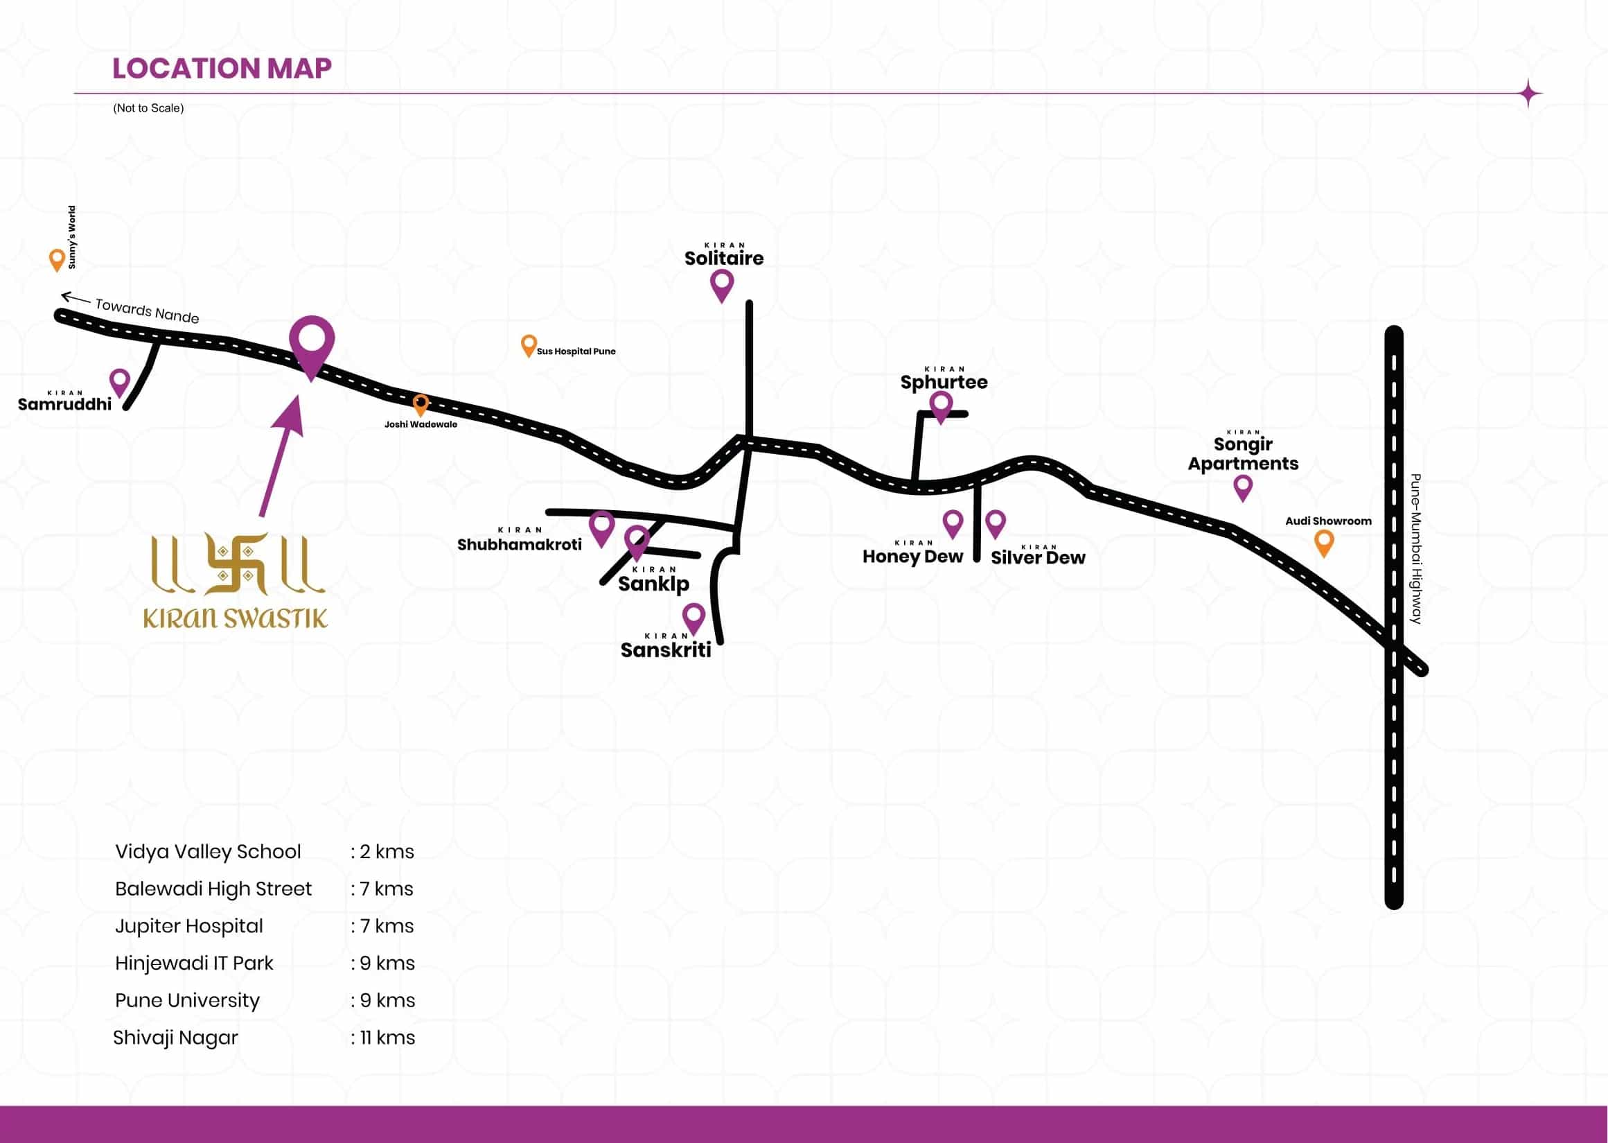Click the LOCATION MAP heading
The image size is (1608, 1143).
pyautogui.click(x=222, y=68)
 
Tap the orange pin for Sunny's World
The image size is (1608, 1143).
pyautogui.click(x=57, y=259)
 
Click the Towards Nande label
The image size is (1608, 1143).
pyautogui.click(x=146, y=310)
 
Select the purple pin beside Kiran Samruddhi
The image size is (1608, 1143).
pyautogui.click(x=120, y=381)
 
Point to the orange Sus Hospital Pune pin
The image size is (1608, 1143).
pyautogui.click(x=528, y=345)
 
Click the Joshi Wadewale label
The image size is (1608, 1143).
pyautogui.click(x=421, y=424)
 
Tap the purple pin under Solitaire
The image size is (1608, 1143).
pyautogui.click(x=722, y=283)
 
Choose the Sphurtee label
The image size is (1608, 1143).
pyautogui.click(x=944, y=382)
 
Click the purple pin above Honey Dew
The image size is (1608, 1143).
pyautogui.click(x=953, y=523)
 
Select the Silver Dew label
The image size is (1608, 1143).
pyautogui.click(x=1038, y=557)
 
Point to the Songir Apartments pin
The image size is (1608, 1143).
pyautogui.click(x=1243, y=487)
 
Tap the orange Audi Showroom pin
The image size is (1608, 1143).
pyautogui.click(x=1324, y=542)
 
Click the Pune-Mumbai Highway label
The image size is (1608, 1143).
pyautogui.click(x=1416, y=549)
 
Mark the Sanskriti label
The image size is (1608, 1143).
pyautogui.click(x=665, y=649)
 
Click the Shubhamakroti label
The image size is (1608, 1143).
pyautogui.click(x=519, y=544)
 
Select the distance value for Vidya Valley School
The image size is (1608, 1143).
pyautogui.click(x=383, y=852)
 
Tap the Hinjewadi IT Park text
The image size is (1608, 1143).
pyautogui.click(x=194, y=963)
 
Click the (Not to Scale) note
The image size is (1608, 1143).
pyautogui.click(x=148, y=107)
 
